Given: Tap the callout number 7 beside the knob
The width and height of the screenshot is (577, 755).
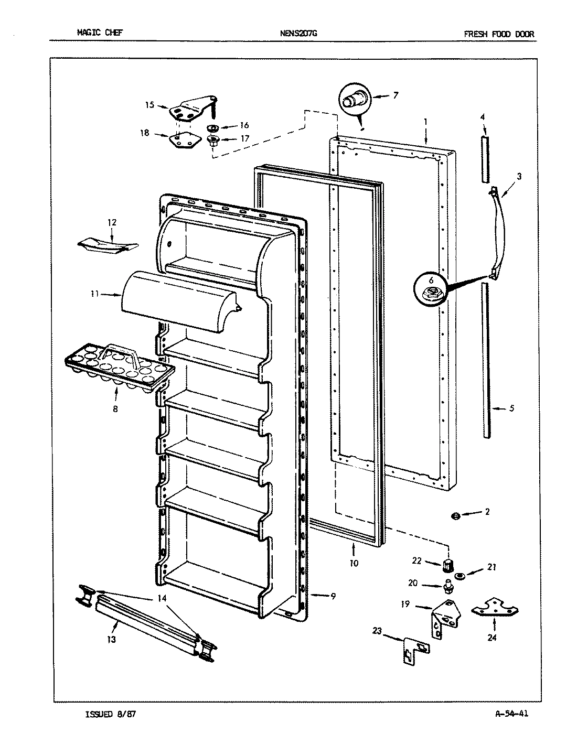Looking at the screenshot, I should coord(395,95).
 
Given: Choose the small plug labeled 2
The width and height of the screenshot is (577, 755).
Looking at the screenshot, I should coord(455,516).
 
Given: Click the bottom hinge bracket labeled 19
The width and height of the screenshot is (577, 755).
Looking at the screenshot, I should coord(446,619).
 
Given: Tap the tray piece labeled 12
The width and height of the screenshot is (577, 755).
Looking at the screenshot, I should coord(108,245).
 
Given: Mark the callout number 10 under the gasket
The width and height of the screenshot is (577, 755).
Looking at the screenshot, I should coord(354,564).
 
